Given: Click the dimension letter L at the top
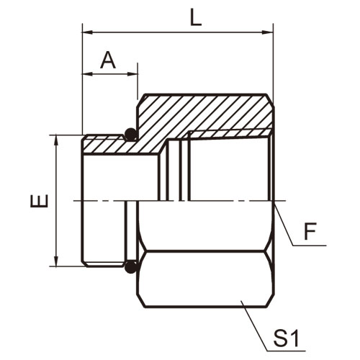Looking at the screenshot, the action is tap(196, 18).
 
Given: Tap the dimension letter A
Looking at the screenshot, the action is tap(108, 60).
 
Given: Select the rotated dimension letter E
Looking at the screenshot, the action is tap(39, 201).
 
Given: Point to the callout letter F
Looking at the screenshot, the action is tap(310, 232).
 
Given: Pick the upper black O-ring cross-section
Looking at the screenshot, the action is tap(131, 135).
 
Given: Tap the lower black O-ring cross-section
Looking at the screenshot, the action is tap(131, 267).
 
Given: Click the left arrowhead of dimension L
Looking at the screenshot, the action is tap(88, 32).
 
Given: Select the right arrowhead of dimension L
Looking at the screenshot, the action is tap(267, 32).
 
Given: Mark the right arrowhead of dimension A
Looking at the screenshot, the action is tap(132, 74).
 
